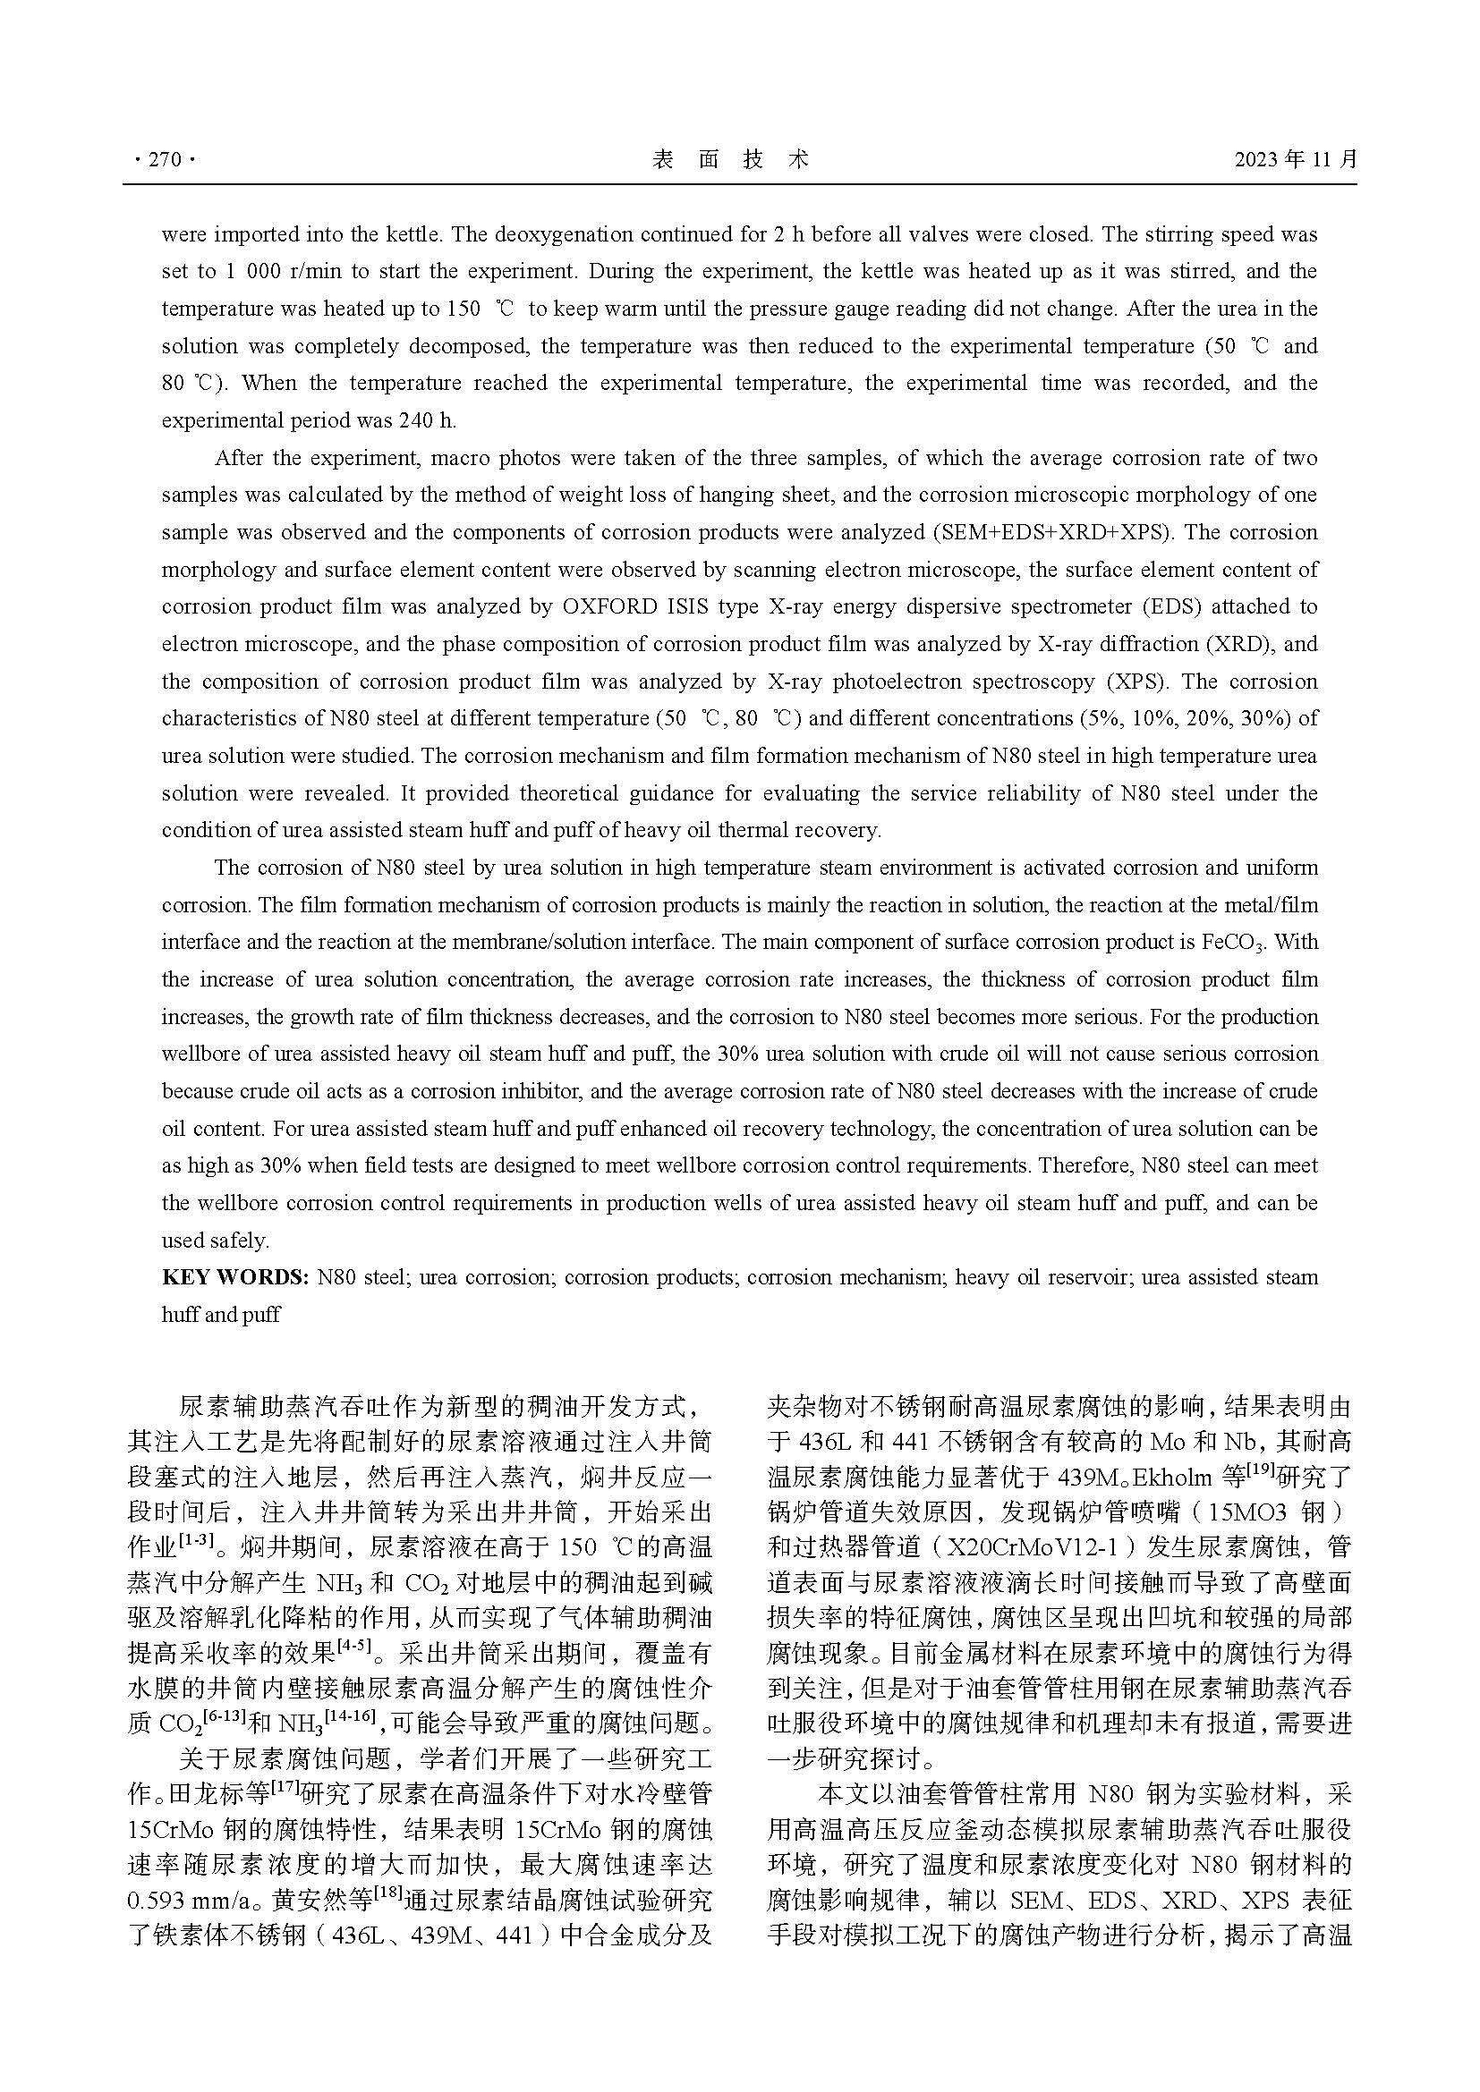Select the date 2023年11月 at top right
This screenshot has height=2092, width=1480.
[1295, 159]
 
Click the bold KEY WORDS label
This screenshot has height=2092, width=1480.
[235, 1277]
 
